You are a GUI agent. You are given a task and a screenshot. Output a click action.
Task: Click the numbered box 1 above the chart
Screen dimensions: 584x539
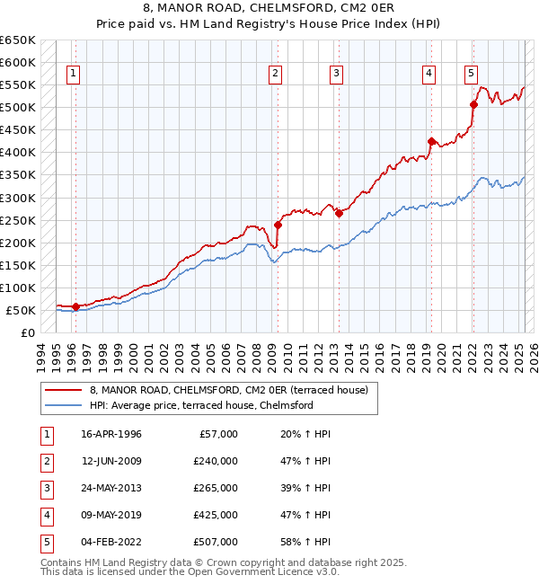pos(73,74)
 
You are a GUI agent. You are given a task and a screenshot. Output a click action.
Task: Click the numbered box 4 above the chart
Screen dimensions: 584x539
pos(429,74)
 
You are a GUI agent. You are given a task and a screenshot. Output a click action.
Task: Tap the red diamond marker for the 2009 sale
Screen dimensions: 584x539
pos(278,225)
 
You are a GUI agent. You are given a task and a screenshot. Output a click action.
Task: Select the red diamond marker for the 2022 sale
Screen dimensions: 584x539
pos(473,104)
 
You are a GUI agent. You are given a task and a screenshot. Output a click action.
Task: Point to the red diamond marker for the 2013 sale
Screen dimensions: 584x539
pos(339,213)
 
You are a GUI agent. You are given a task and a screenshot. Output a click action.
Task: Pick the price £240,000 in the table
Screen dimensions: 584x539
pos(216,461)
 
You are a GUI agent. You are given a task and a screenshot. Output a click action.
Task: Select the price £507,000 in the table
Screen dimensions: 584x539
pos(216,542)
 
